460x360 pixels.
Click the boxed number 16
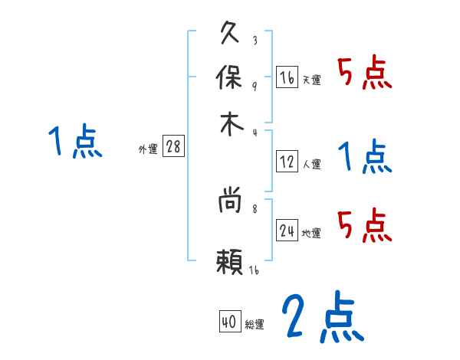click(x=287, y=77)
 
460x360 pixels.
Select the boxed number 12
click(x=287, y=161)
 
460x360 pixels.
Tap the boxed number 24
click(x=287, y=231)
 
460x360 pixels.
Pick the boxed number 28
click(x=173, y=147)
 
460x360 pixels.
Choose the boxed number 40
click(x=228, y=322)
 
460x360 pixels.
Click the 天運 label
click(x=311, y=80)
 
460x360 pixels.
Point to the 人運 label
click(x=311, y=164)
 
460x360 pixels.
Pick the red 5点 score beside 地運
click(x=364, y=224)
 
